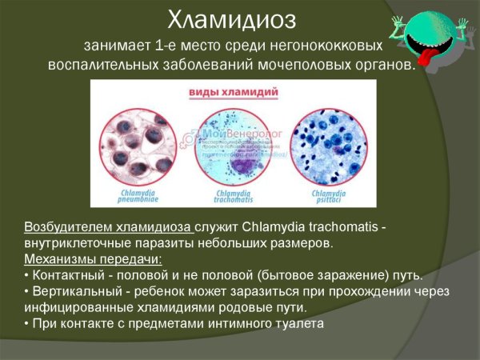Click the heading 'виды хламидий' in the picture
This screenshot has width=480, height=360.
(233, 93)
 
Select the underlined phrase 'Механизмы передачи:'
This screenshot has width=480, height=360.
(93, 259)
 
